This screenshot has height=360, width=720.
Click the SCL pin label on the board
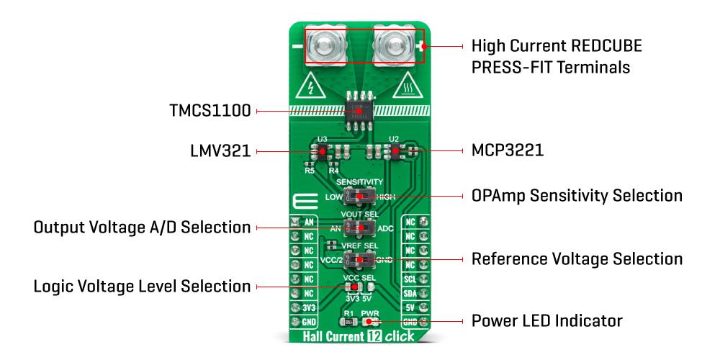pos(410,277)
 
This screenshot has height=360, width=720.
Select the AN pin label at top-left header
pos(308,222)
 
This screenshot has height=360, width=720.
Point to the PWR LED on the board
pos(374,322)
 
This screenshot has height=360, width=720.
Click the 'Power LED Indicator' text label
pos(546,319)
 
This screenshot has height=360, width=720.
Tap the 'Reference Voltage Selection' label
pos(576,258)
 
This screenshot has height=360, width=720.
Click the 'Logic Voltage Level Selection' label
pos(142,287)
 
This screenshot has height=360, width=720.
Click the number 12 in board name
pos(369,336)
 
